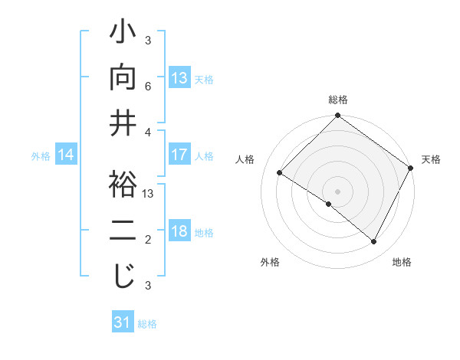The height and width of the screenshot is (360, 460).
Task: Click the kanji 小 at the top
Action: (123, 35)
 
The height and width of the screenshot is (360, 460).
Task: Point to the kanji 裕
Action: (123, 186)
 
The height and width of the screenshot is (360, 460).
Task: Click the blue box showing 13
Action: (179, 79)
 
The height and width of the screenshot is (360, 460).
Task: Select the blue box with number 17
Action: (179, 155)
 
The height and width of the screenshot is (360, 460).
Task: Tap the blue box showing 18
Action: (179, 232)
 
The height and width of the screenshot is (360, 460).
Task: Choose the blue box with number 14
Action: (66, 155)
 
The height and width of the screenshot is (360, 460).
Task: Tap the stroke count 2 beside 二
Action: (148, 240)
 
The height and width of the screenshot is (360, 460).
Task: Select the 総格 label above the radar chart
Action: (338, 100)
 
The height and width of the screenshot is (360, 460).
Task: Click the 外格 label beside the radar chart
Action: (269, 263)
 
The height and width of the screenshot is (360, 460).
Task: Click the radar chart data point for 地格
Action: (374, 242)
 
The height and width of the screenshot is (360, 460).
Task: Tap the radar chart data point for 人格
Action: (280, 172)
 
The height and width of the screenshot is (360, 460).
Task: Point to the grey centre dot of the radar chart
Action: (337, 191)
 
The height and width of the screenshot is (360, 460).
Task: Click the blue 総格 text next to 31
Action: (148, 324)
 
